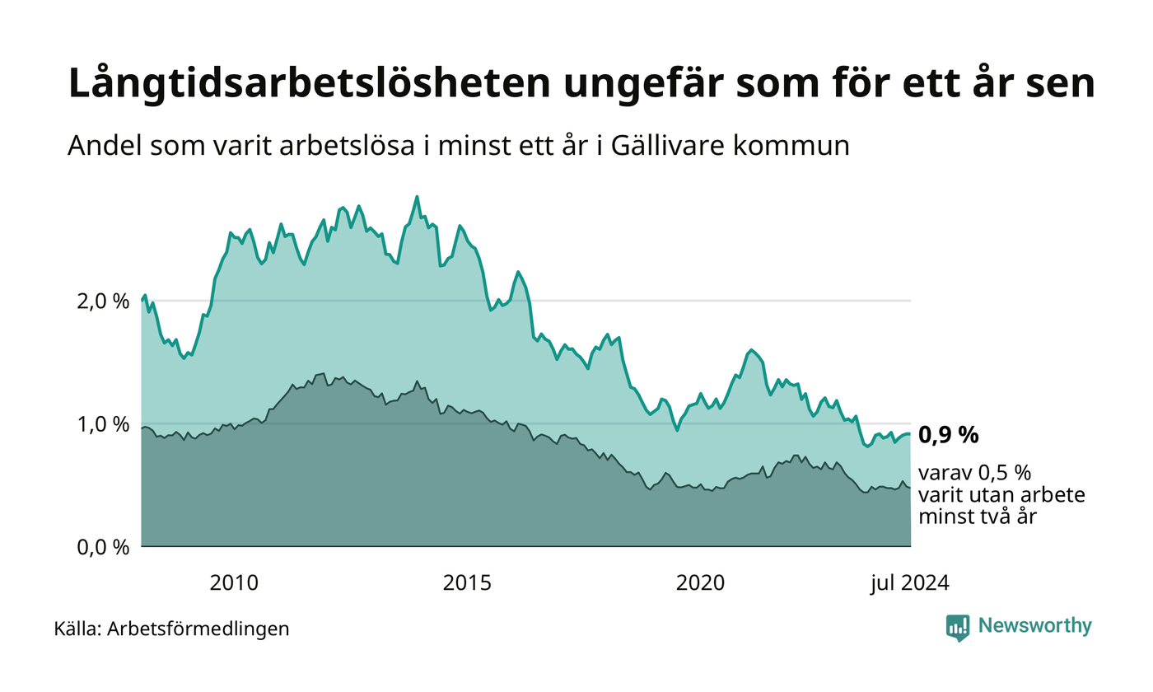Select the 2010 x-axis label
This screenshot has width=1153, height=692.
(x=234, y=583)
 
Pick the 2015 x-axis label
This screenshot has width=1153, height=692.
(x=467, y=583)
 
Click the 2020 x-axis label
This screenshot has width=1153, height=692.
(x=700, y=583)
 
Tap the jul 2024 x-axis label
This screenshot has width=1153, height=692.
(x=910, y=583)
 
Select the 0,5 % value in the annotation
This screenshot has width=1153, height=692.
(x=1005, y=474)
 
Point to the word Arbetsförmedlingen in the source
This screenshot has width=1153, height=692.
(x=198, y=629)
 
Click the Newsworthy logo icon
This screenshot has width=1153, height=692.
(x=958, y=627)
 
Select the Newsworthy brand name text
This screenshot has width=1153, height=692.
(x=1035, y=626)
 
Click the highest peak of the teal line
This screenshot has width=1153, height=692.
(x=417, y=197)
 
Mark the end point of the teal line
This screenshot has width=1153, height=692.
(x=909, y=434)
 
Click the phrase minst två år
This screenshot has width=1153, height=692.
(x=978, y=517)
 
